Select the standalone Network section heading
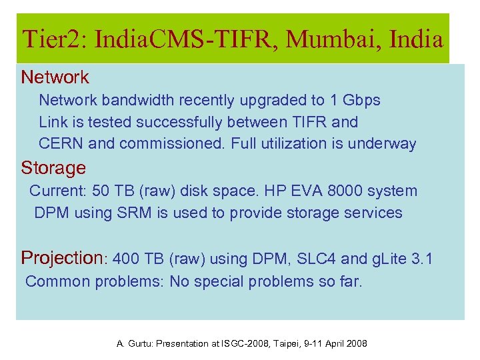coord(55,77)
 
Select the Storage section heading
coord(53,167)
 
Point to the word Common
coord(57,281)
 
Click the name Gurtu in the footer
coord(141,344)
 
